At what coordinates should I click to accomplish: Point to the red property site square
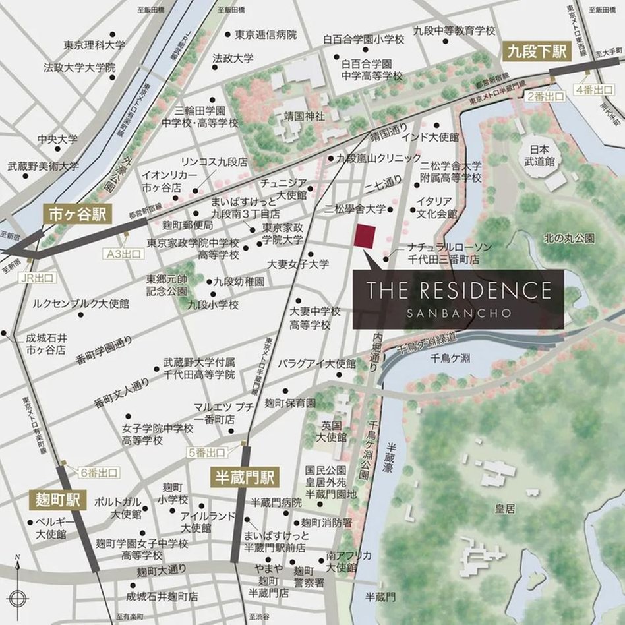(x=365, y=236)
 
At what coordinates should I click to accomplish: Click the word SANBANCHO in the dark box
(x=458, y=312)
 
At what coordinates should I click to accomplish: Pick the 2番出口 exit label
(x=546, y=97)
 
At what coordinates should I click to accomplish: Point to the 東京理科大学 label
(x=94, y=45)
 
